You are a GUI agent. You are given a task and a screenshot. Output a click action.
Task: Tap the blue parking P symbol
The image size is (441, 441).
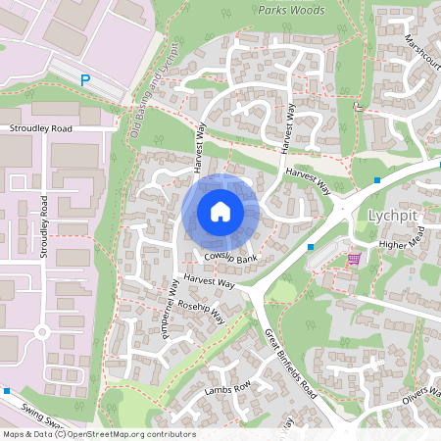click(x=85, y=80)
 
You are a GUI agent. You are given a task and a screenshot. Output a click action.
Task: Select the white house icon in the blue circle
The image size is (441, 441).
click(x=220, y=211)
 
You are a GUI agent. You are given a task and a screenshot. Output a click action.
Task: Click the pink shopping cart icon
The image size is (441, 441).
click(x=354, y=259)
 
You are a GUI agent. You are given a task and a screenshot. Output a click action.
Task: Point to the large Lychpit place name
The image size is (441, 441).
click(x=392, y=216)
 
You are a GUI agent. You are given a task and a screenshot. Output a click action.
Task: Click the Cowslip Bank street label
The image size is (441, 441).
click(x=231, y=259)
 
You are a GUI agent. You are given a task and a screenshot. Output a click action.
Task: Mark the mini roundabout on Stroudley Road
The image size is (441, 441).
click(x=42, y=332)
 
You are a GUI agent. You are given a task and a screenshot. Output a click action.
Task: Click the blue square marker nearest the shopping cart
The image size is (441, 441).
click(x=311, y=247)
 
